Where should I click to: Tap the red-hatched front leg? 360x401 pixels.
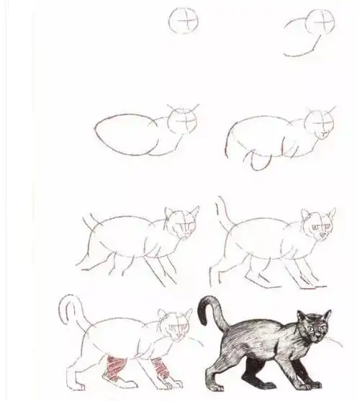(x=162, y=369)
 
